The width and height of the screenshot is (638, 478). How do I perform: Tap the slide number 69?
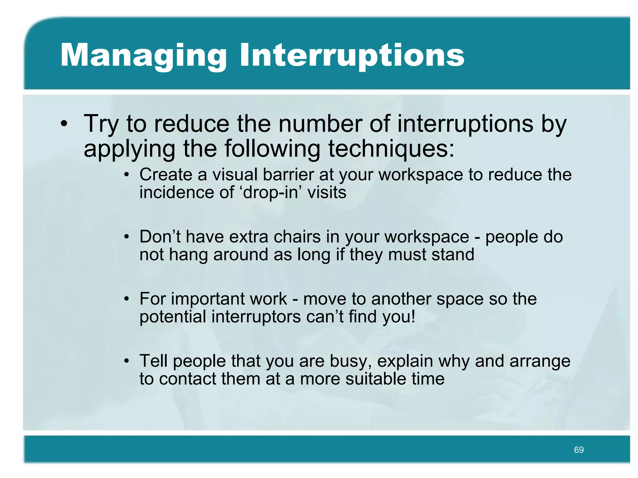(578, 450)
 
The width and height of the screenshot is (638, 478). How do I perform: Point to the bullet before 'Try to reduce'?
(64, 124)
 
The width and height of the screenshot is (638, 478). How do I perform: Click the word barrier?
(288, 175)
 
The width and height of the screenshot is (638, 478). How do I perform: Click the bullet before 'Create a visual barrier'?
(126, 175)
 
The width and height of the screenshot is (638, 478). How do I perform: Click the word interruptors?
(256, 317)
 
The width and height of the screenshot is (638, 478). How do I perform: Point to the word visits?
(327, 193)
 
